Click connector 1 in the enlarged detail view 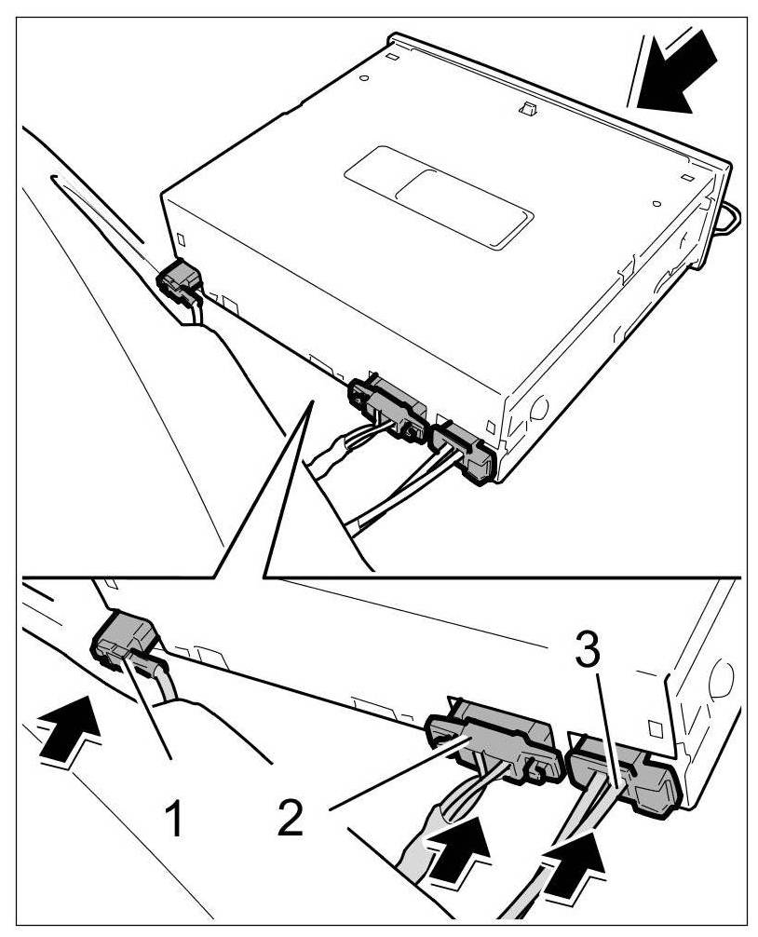tap(126, 643)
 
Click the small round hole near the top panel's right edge tap(656, 201)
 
